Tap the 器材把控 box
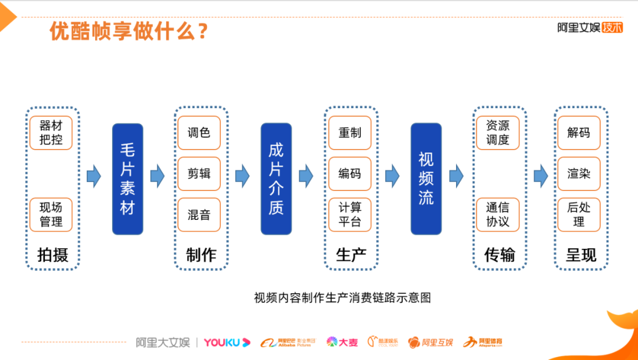click(51, 133)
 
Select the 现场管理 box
click(51, 215)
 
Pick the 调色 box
click(199, 133)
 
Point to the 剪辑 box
click(199, 174)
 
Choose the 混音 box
click(199, 215)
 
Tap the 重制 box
click(350, 133)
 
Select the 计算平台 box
click(350, 215)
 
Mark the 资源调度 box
click(498, 133)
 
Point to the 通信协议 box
click(498, 215)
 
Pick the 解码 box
click(579, 133)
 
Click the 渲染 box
click(579, 174)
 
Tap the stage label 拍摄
click(53, 255)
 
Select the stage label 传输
click(499, 255)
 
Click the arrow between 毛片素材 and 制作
click(157, 176)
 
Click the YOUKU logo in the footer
click(227, 342)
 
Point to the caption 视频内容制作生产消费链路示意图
click(343, 297)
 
